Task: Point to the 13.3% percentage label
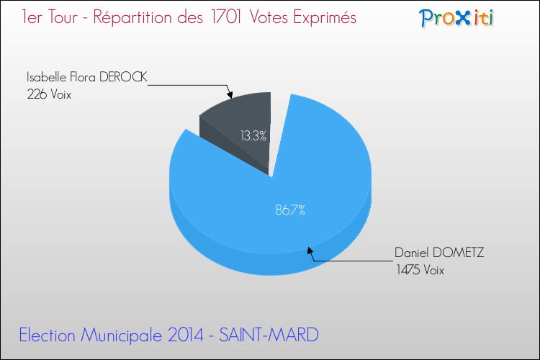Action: click(254, 135)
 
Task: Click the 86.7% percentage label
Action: click(290, 210)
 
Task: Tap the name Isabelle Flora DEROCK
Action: click(87, 76)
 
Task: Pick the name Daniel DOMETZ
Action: click(439, 253)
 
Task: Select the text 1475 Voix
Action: click(420, 270)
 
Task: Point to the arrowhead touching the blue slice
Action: click(311, 251)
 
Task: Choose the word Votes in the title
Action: click(269, 17)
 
